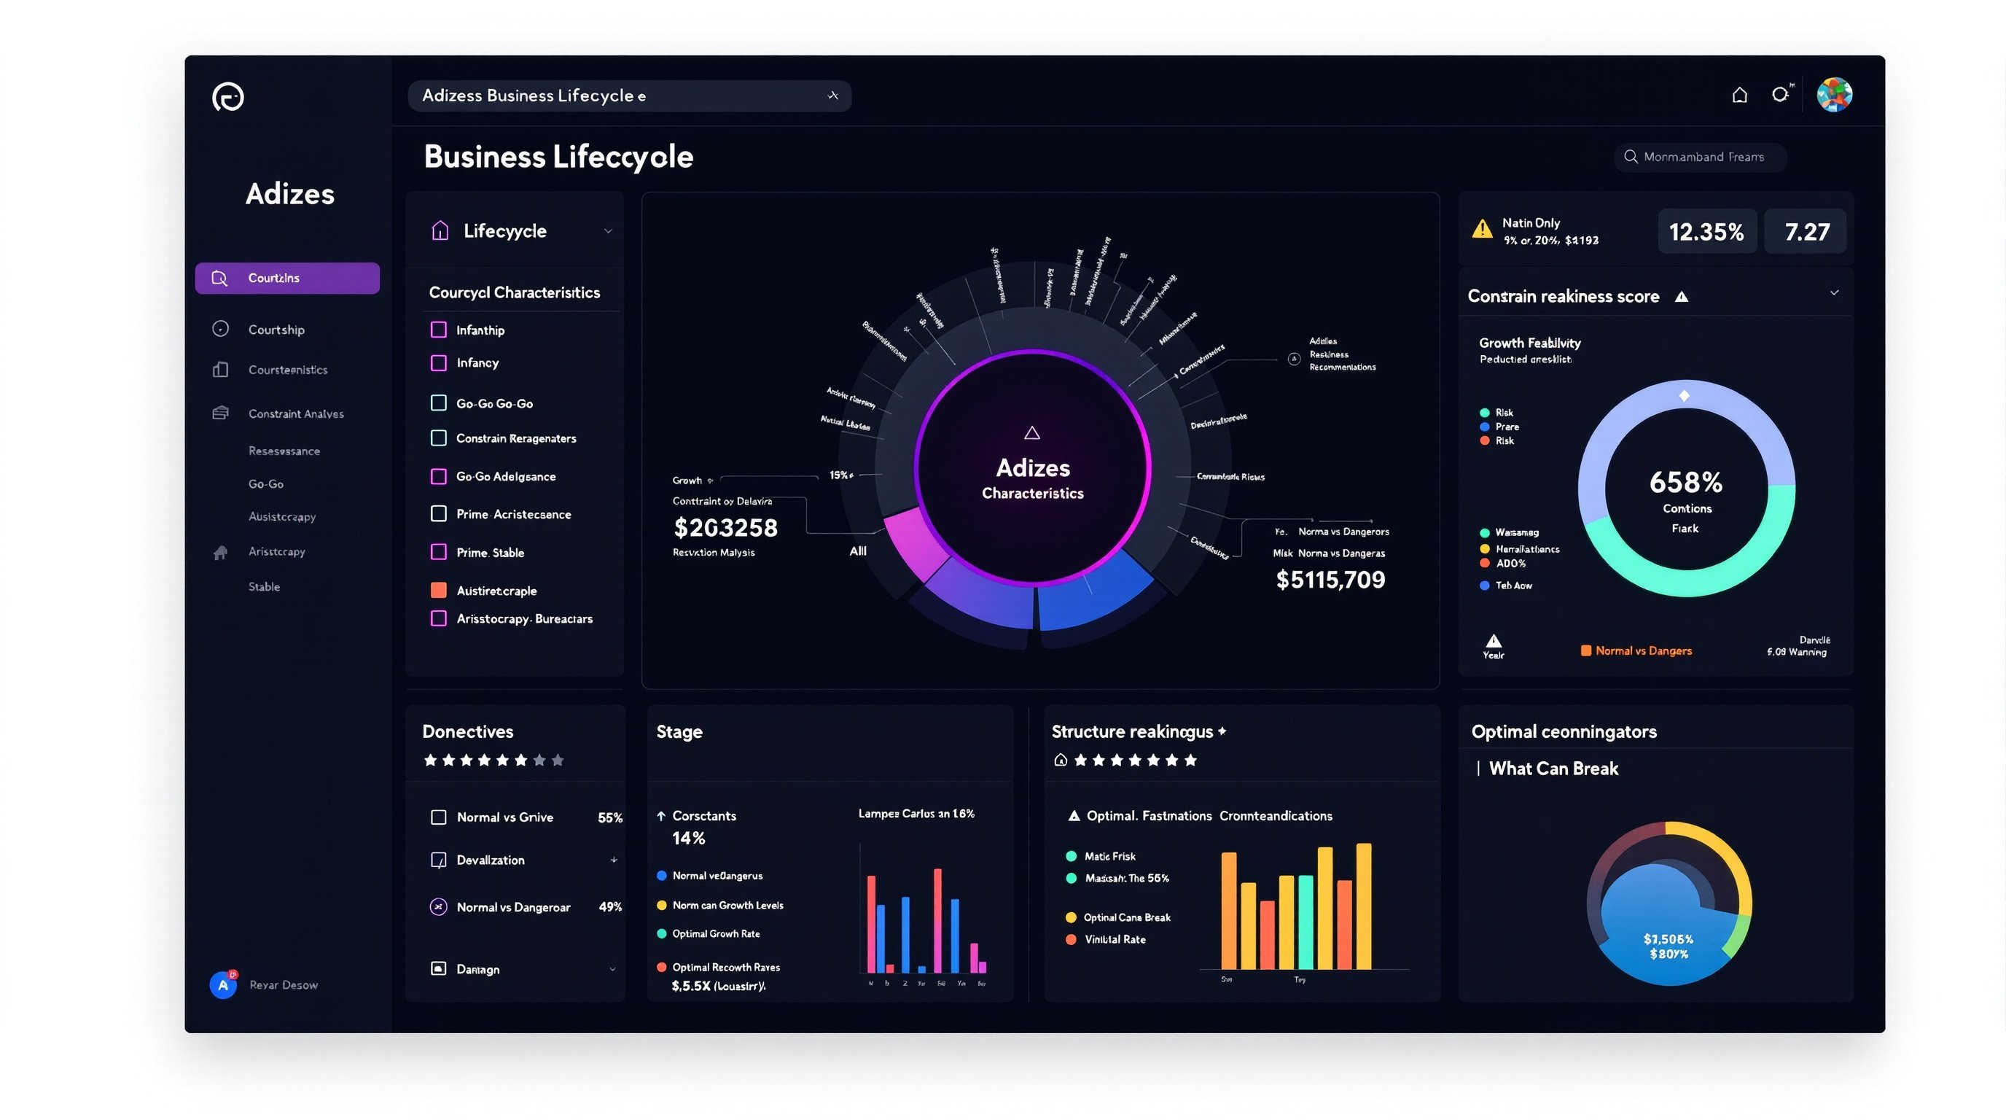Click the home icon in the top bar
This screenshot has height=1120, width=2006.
pyautogui.click(x=1739, y=95)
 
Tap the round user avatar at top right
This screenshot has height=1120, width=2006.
pyautogui.click(x=1834, y=95)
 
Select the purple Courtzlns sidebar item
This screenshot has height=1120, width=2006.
pyautogui.click(x=286, y=278)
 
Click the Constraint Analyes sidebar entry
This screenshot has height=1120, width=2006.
pyautogui.click(x=295, y=413)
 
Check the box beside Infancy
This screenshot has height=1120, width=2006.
pyautogui.click(x=438, y=363)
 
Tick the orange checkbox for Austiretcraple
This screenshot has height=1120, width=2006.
pyautogui.click(x=438, y=591)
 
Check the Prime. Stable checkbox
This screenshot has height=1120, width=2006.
pyautogui.click(x=438, y=552)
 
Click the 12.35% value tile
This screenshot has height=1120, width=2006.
pyautogui.click(x=1706, y=231)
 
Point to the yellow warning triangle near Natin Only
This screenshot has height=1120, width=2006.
pyautogui.click(x=1482, y=229)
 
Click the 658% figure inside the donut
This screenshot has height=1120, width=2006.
pyautogui.click(x=1685, y=483)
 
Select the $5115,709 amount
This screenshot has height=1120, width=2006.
pyautogui.click(x=1330, y=580)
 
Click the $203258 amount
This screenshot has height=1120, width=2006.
pyautogui.click(x=725, y=528)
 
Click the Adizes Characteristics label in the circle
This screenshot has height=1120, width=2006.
pyautogui.click(x=1032, y=478)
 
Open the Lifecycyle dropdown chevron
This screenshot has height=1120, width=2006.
pyautogui.click(x=608, y=231)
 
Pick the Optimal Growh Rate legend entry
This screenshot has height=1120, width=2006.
pyautogui.click(x=716, y=934)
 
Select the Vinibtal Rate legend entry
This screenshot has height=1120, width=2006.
pyautogui.click(x=1115, y=939)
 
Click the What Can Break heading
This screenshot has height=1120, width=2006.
pyautogui.click(x=1553, y=769)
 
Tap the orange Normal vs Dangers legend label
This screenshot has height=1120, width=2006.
pyautogui.click(x=1642, y=651)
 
